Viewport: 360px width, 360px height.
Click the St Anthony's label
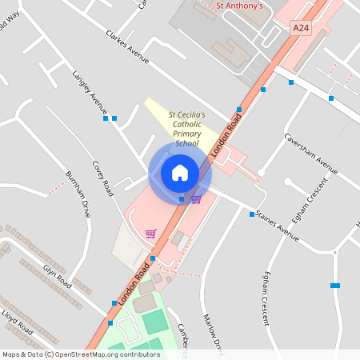click(240, 6)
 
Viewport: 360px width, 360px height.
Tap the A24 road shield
click(300, 28)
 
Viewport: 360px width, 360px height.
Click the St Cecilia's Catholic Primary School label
click(186, 130)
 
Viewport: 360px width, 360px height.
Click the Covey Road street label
click(102, 175)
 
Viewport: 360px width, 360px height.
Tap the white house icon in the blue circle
click(180, 173)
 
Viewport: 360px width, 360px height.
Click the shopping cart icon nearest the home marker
click(196, 198)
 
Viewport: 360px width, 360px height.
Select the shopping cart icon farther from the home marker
click(150, 234)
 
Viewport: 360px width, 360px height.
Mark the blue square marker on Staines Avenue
click(251, 214)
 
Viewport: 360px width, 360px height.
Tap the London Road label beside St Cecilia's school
click(226, 133)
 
